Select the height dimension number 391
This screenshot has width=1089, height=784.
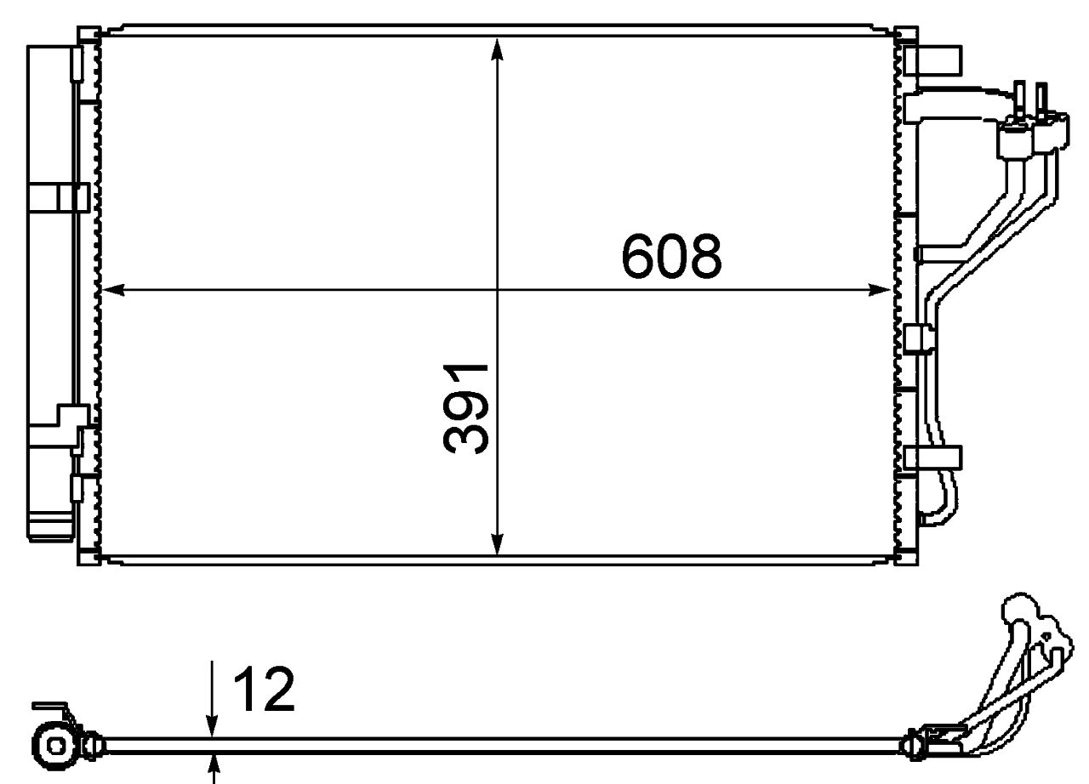[466, 407]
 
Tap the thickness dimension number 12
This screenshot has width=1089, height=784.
[264, 690]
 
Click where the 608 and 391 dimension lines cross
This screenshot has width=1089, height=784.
[499, 290]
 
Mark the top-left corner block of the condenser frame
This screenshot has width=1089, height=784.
[88, 35]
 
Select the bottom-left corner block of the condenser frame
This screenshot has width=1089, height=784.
[88, 557]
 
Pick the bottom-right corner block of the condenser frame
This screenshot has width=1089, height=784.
[908, 557]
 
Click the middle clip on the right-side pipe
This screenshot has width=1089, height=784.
[920, 338]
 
